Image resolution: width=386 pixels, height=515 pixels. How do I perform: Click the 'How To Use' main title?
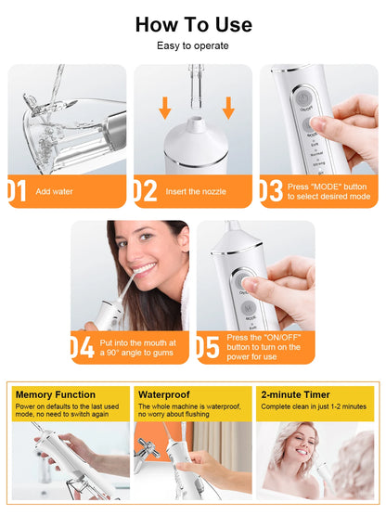(x=192, y=24)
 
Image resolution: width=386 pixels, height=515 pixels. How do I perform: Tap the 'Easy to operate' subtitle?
(x=192, y=45)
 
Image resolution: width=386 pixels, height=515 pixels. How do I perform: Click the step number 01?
(x=17, y=190)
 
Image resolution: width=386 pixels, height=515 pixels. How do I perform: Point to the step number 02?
(x=145, y=190)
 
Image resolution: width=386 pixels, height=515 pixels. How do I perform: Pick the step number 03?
(x=270, y=190)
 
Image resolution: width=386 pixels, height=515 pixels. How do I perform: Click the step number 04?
(x=82, y=347)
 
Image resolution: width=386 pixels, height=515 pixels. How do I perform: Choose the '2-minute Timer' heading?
(x=295, y=394)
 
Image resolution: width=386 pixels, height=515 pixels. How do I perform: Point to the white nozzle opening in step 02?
(x=195, y=122)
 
